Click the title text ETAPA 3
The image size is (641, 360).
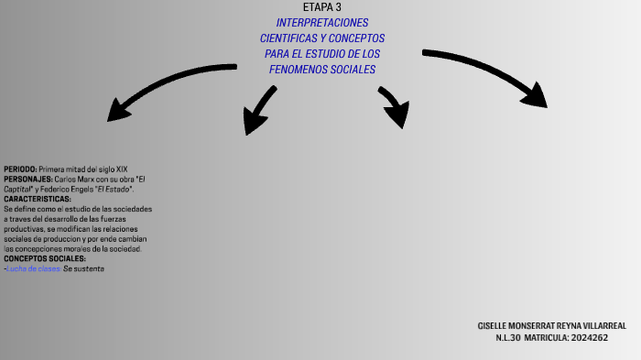[321, 7]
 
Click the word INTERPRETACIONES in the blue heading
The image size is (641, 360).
[322, 22]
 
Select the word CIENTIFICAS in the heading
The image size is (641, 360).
[287, 38]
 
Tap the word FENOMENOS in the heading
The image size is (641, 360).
[305, 70]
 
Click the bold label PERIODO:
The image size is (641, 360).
[20, 169]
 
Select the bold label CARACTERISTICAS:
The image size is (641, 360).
[38, 199]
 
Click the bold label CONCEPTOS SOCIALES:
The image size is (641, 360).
[45, 258]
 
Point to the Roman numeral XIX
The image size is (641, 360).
[122, 169]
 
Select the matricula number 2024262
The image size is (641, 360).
[588, 338]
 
